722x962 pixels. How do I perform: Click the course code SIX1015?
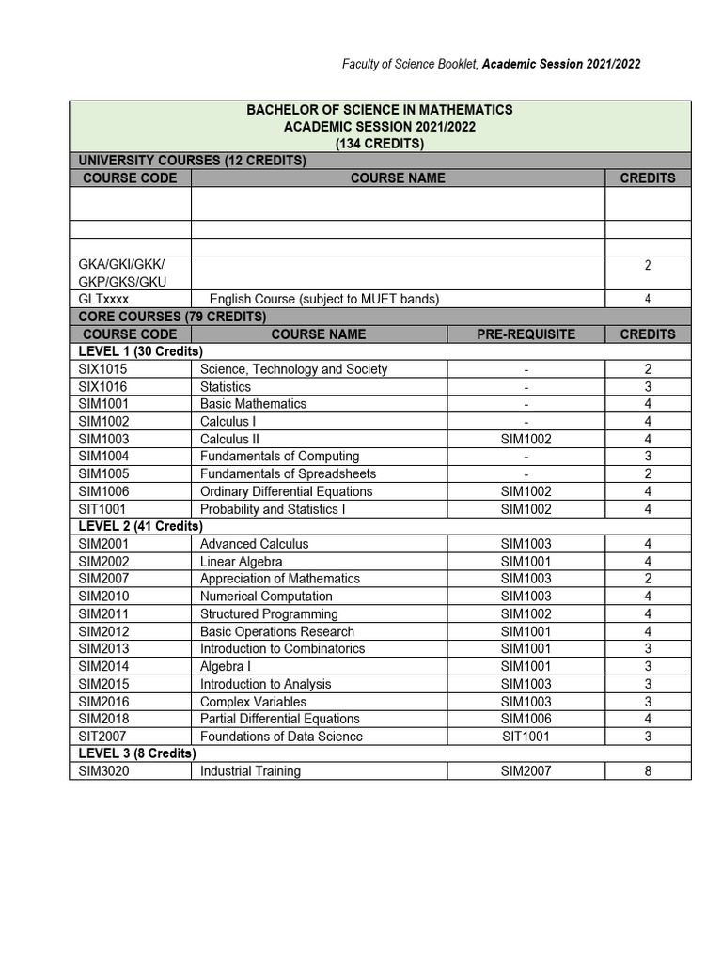[104, 369]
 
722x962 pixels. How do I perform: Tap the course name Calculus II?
[229, 439]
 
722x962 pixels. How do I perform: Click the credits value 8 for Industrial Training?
[648, 771]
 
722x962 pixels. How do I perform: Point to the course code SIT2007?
[103, 737]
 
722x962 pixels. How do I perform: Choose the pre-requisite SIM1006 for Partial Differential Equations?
[526, 719]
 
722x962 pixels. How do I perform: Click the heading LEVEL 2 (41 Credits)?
[140, 526]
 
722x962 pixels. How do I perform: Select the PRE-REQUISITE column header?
[526, 334]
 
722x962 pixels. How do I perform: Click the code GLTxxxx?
[104, 299]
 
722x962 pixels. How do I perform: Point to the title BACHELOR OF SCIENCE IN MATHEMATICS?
[380, 110]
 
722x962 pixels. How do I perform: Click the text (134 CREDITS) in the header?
[380, 144]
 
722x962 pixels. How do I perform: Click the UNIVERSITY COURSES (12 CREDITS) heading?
[192, 161]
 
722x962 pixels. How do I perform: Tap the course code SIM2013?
[104, 649]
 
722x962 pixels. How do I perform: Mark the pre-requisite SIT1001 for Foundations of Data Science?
[526, 737]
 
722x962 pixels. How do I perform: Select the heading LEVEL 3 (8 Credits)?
[137, 753]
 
